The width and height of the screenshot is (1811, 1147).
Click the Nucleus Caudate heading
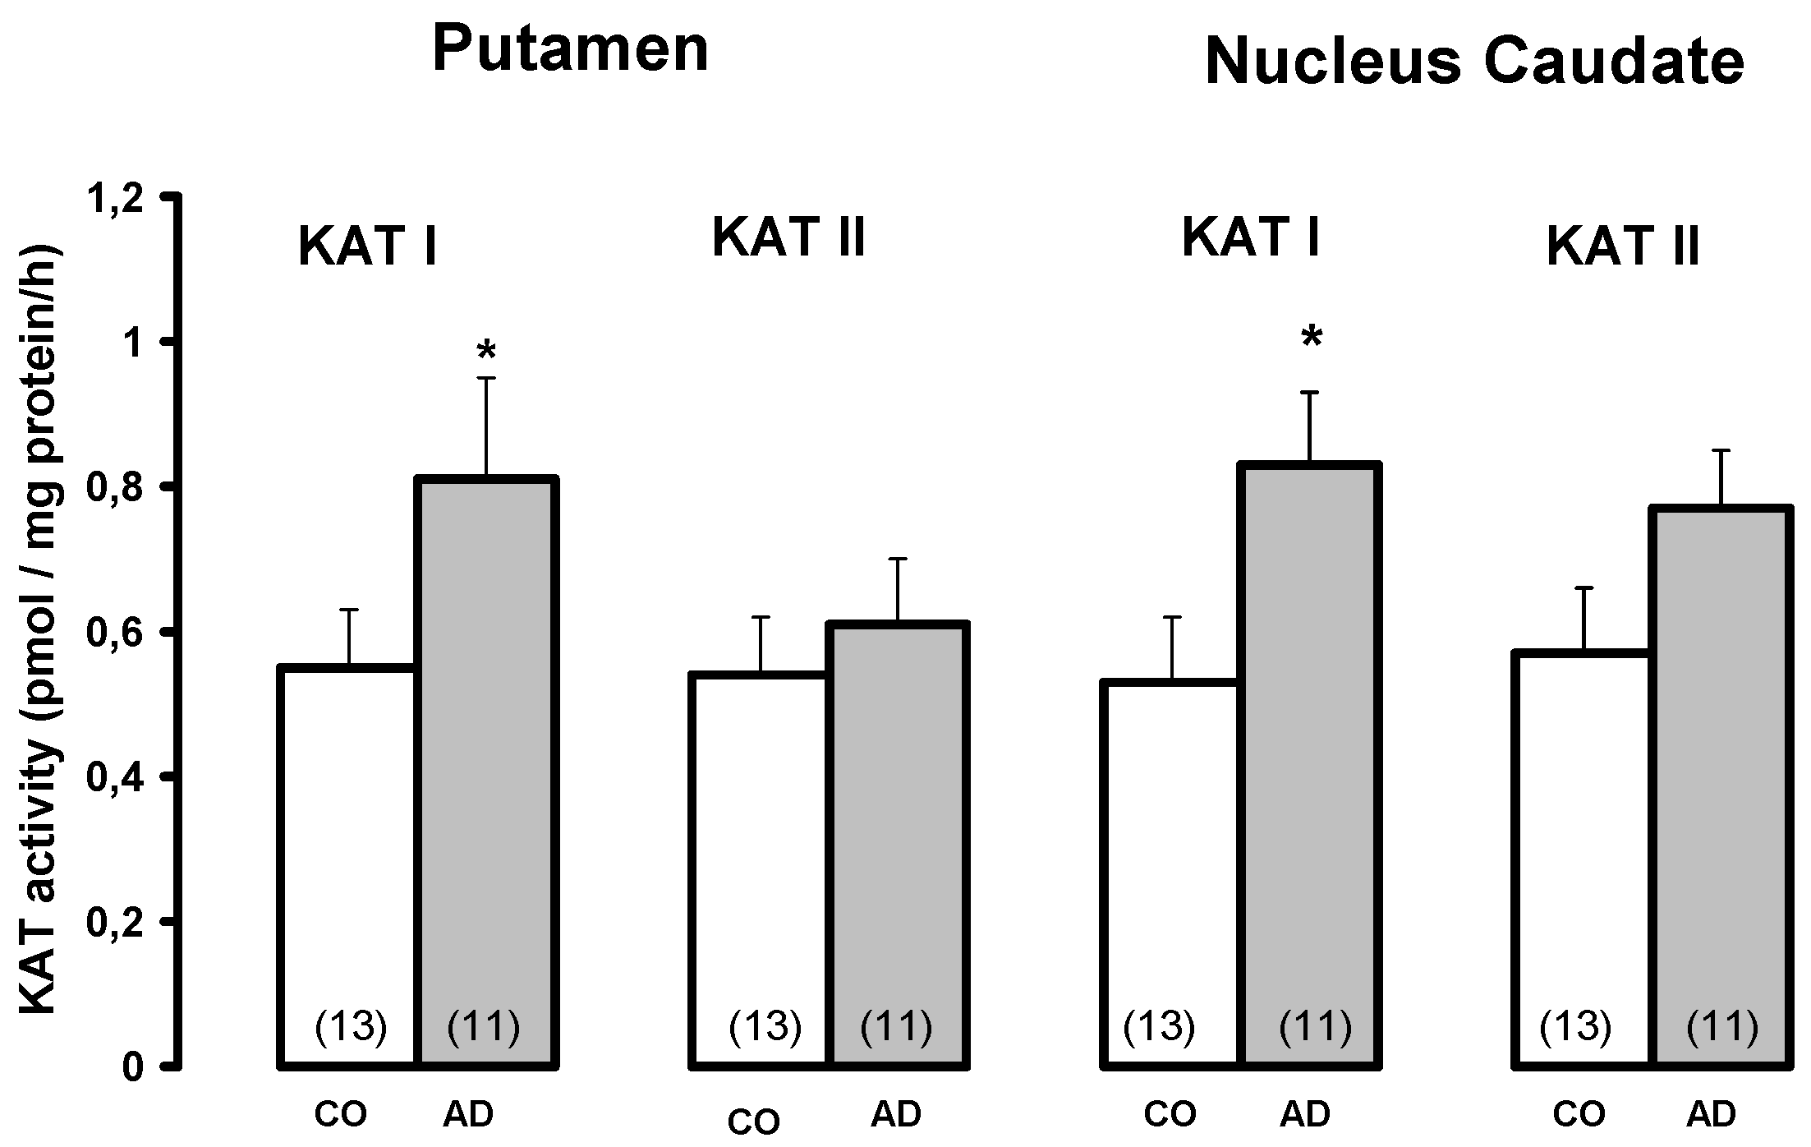pos(1474,62)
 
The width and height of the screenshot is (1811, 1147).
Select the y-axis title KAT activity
pos(41,629)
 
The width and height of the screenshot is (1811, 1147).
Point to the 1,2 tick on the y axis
pos(122,198)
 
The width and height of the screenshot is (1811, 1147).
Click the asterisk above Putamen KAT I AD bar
pos(486,352)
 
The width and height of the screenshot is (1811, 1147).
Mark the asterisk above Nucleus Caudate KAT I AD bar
pos(1312,337)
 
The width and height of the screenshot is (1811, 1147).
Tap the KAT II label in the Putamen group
pos(788,238)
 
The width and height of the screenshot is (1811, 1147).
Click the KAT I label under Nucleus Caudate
pos(1250,238)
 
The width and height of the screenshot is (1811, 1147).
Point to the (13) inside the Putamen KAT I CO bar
pos(351,1026)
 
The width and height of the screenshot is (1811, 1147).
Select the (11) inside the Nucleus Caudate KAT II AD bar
pos(1722,1026)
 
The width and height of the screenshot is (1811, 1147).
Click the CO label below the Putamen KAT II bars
pos(754,1122)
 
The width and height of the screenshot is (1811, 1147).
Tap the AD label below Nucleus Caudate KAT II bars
pos(1712,1114)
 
